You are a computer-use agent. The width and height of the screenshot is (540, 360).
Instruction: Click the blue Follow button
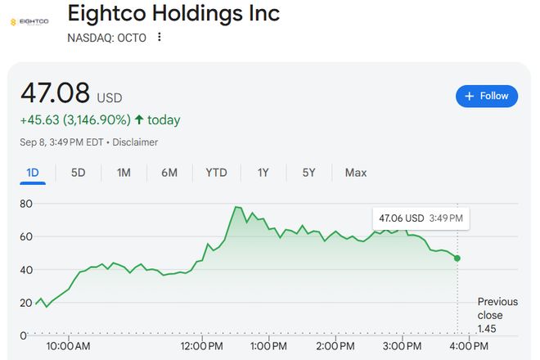(x=487, y=96)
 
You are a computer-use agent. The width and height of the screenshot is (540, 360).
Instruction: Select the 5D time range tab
(x=79, y=173)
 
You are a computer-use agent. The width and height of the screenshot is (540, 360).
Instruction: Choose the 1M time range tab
(x=124, y=173)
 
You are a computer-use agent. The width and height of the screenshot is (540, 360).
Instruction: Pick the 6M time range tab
(x=169, y=173)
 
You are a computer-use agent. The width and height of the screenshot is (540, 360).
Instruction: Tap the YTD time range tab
(x=216, y=173)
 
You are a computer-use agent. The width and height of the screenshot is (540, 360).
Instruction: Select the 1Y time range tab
(x=263, y=173)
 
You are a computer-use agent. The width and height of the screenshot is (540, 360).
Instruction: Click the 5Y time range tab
(x=308, y=173)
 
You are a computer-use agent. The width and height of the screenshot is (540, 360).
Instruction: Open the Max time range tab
(x=356, y=173)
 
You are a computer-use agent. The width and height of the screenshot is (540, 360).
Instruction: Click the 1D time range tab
(x=33, y=173)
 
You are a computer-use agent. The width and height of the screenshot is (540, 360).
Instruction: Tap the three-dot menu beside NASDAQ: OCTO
(x=160, y=37)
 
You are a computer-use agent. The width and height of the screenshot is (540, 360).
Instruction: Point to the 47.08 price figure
(x=55, y=92)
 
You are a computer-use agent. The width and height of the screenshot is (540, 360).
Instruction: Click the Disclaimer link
(x=136, y=142)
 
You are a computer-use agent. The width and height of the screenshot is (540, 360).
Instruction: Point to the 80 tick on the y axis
(x=25, y=203)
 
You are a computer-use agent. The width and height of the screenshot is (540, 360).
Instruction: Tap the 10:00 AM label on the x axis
(x=69, y=346)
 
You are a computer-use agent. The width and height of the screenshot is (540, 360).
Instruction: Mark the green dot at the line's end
(x=457, y=258)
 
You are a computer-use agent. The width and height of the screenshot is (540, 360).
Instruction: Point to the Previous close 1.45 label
(x=497, y=315)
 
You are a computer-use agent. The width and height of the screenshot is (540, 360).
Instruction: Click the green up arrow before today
(x=139, y=120)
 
